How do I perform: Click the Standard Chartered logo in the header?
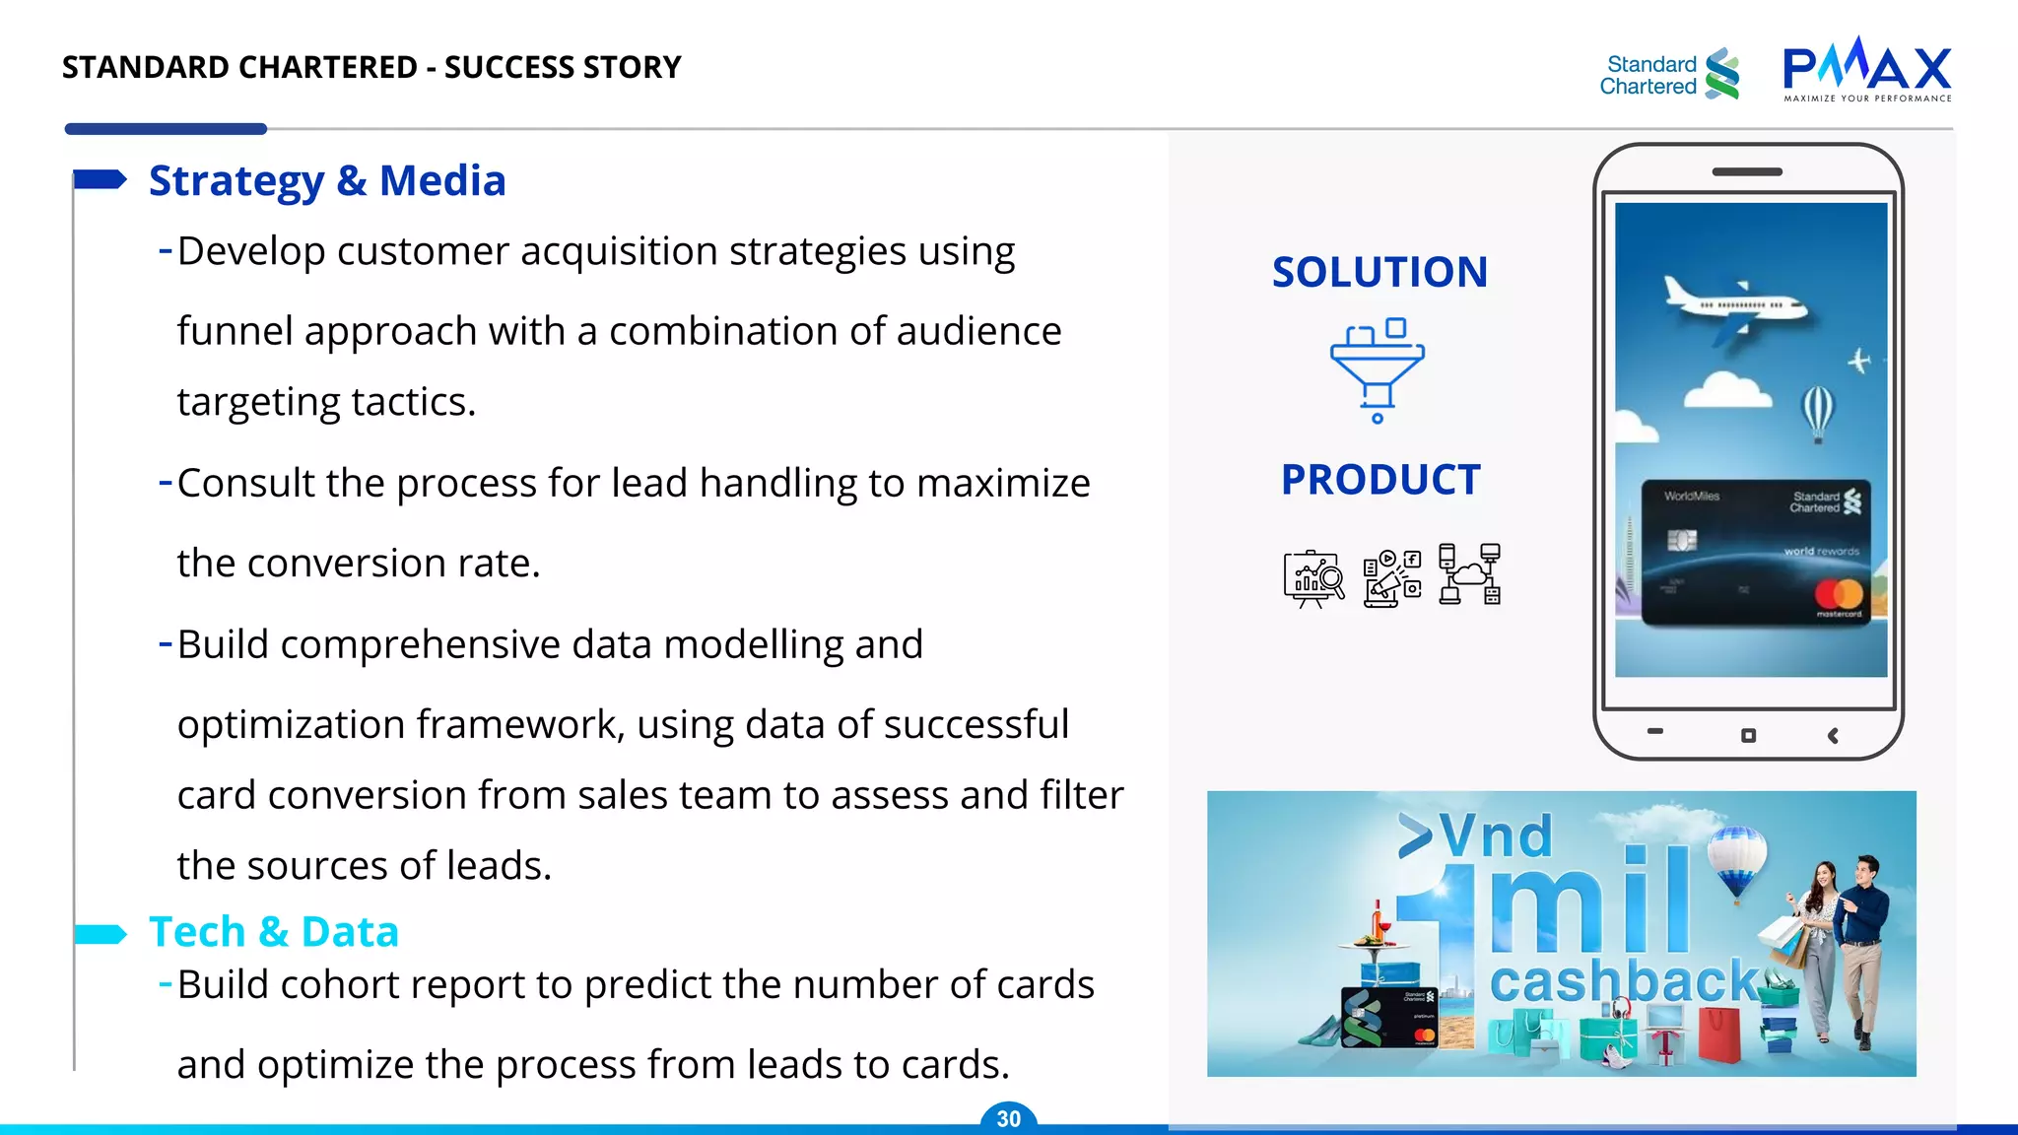[1669, 74]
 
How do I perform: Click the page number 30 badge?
[1008, 1119]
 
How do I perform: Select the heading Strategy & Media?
[327, 181]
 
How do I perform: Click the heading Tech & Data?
[274, 932]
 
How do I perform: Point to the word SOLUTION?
[1379, 273]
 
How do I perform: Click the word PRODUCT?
[1380, 481]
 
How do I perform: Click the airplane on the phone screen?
[1734, 307]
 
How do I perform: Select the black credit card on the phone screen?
[1752, 553]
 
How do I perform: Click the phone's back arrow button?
[1833, 736]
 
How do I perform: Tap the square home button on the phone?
[1748, 736]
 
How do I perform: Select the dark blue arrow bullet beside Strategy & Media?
[100, 179]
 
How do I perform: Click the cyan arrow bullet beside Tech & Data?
[100, 934]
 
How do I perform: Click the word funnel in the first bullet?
[235, 332]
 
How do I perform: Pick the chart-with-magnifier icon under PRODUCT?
[1313, 577]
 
